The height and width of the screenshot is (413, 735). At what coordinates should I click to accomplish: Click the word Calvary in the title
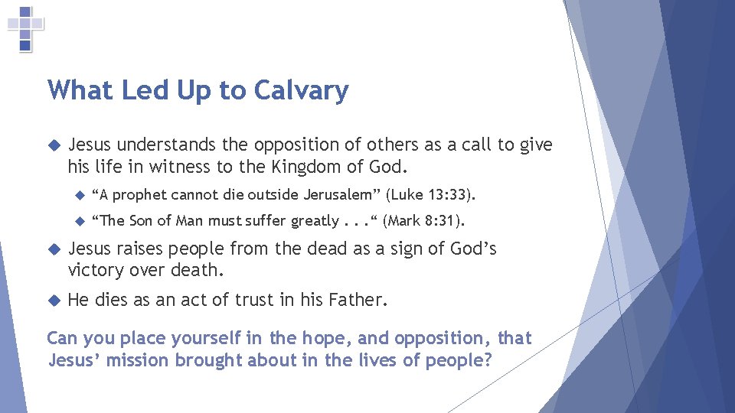[301, 91]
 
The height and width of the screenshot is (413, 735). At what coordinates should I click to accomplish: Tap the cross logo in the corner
[25, 28]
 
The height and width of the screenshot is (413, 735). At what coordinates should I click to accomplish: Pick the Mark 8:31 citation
[423, 221]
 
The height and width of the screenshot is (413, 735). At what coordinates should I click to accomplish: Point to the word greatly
[315, 222]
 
